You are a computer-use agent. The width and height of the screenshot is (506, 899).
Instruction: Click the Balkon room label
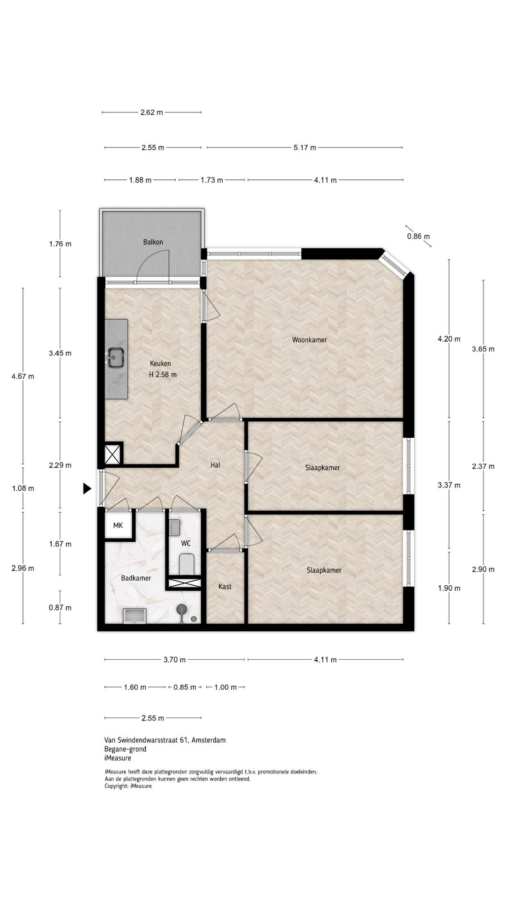tap(153, 242)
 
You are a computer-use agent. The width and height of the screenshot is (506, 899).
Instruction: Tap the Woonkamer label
tap(309, 339)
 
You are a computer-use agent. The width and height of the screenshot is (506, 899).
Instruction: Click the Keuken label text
tap(160, 363)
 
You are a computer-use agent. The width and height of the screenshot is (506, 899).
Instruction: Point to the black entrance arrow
tap(87, 488)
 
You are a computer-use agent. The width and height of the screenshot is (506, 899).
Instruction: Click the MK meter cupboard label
tap(118, 525)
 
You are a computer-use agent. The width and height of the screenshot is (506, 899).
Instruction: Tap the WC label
tap(186, 543)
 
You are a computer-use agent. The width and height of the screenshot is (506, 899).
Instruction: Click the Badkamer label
tap(136, 578)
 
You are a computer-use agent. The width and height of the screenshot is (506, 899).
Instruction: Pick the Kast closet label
tap(225, 586)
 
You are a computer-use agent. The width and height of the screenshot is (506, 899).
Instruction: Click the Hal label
tap(215, 465)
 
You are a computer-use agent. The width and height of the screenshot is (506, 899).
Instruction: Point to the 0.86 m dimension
tap(418, 236)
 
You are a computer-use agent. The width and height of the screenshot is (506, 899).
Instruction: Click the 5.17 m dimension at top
tap(305, 147)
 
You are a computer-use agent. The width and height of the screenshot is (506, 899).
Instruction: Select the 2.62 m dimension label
tap(152, 112)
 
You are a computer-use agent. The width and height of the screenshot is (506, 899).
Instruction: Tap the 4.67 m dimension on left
tap(22, 376)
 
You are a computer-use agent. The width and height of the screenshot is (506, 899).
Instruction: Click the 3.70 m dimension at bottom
tap(174, 660)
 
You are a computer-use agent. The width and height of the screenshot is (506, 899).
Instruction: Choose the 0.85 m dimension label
tap(185, 687)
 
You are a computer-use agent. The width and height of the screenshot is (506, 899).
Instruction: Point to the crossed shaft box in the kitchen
tap(112, 454)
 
